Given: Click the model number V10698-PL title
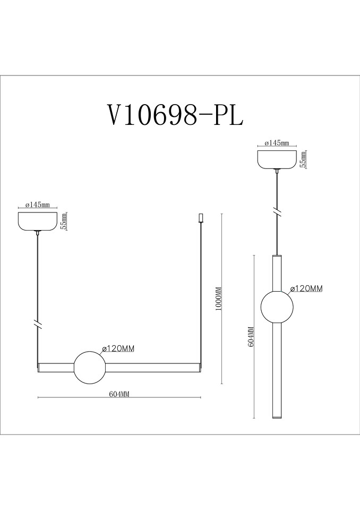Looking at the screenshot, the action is pos(175,115).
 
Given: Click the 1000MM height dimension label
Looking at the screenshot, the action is pos(219,299).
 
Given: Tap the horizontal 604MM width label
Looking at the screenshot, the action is pos(119,394).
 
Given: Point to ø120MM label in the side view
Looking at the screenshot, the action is pos(307,288).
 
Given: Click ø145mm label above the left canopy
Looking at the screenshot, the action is pos(38,205).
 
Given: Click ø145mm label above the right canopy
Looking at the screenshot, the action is pos(277,143).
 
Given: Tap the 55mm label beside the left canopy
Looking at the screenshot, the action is pos(64,221).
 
